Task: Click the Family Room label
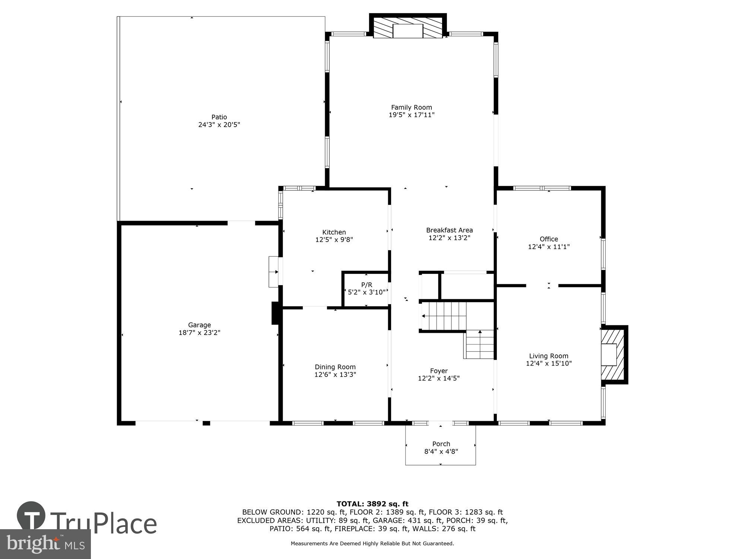[x=411, y=107]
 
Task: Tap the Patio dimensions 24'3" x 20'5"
[x=219, y=125]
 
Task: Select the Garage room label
[x=199, y=325]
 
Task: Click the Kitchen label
[x=334, y=232]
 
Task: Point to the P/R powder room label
[x=367, y=285]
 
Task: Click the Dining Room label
[x=335, y=367]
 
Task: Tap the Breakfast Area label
[x=449, y=230]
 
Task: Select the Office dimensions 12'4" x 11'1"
[x=549, y=247]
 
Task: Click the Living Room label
[x=548, y=356]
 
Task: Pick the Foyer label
[x=439, y=371]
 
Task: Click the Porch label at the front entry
[x=441, y=444]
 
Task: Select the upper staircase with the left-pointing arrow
[x=444, y=316]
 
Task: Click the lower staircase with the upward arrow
[x=479, y=344]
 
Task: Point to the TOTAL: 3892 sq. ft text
[x=372, y=504]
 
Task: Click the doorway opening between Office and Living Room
[x=542, y=286]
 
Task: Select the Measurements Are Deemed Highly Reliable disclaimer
[x=372, y=544]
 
